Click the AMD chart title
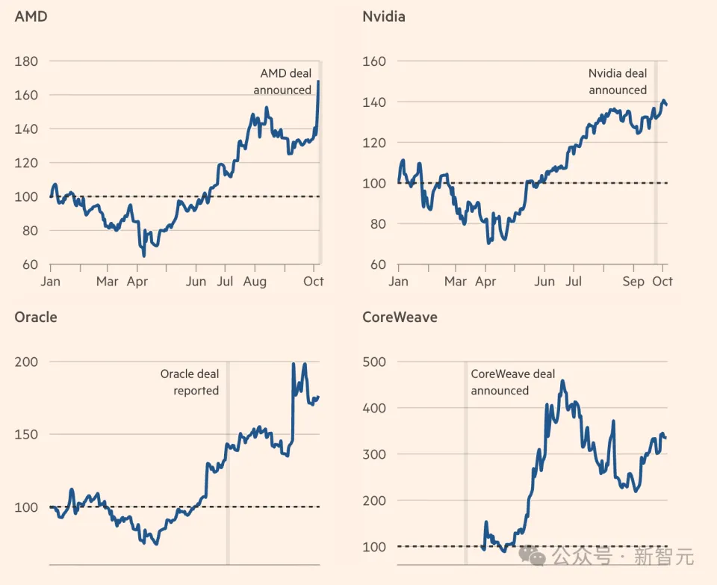click(31, 16)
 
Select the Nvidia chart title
click(383, 16)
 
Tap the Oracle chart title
click(35, 317)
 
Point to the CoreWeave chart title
click(400, 317)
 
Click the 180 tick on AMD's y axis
click(27, 61)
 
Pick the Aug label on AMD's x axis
click(255, 282)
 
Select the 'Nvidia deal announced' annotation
click(618, 81)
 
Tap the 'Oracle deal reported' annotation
click(190, 382)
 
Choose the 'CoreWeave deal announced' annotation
click(512, 382)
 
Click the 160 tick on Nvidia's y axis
click(373, 61)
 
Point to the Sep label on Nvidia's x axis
click(633, 282)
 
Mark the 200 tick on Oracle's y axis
click(27, 362)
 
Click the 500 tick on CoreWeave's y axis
click(373, 362)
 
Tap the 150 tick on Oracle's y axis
click(27, 434)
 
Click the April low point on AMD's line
click(144, 256)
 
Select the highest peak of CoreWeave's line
click(562, 381)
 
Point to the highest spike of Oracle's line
click(294, 364)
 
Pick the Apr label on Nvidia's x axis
click(485, 282)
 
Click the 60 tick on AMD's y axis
click(30, 264)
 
